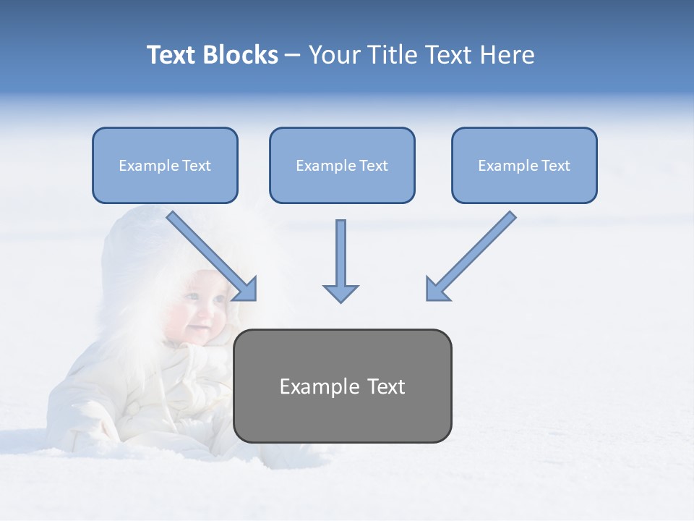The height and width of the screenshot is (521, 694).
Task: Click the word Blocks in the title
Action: coord(241,55)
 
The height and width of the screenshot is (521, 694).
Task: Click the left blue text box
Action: coord(165,166)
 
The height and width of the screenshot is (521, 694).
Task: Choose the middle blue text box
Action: coord(342,166)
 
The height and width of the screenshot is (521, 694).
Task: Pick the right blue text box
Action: coord(524,166)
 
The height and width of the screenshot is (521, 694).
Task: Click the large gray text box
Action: coord(343,386)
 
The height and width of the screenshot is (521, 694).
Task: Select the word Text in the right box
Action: coord(555,166)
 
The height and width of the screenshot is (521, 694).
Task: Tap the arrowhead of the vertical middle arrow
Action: coord(340,292)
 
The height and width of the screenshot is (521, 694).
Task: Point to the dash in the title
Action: coord(293,56)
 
